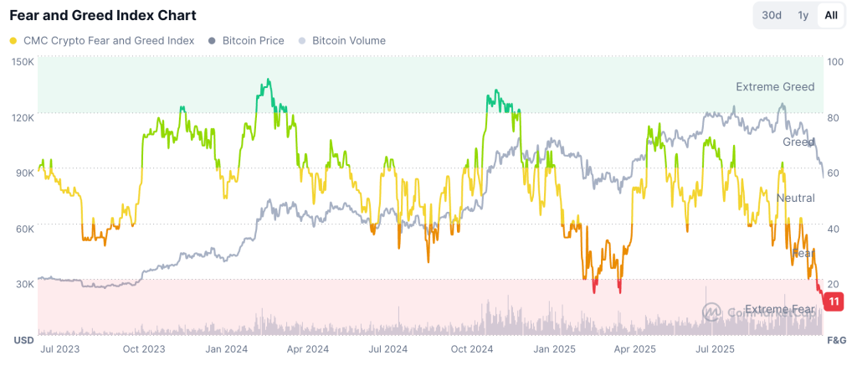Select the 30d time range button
pyautogui.click(x=771, y=15)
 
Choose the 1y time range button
pyautogui.click(x=803, y=15)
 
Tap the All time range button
pyautogui.click(x=830, y=15)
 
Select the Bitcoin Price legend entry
pyautogui.click(x=253, y=40)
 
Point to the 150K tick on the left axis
pyautogui.click(x=23, y=62)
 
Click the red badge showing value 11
pyautogui.click(x=834, y=302)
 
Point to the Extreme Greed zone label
pyautogui.click(x=774, y=86)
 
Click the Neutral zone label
pyautogui.click(x=795, y=198)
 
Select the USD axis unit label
pyautogui.click(x=23, y=341)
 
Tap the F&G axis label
pyautogui.click(x=836, y=341)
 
